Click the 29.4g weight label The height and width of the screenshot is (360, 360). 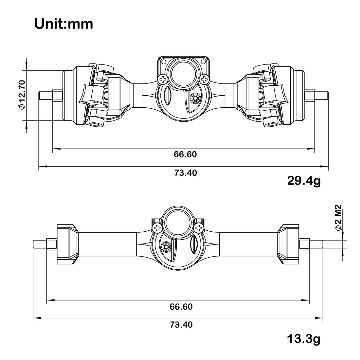303,180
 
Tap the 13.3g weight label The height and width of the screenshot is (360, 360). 303,339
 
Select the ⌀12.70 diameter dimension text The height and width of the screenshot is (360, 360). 22,95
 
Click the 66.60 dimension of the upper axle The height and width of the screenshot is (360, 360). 185,154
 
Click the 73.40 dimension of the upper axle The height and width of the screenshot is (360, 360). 185,173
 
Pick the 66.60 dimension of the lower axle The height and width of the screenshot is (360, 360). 181,307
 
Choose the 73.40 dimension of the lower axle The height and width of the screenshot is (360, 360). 181,325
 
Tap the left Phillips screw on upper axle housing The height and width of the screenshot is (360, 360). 162,79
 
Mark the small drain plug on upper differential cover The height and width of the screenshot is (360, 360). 196,98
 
